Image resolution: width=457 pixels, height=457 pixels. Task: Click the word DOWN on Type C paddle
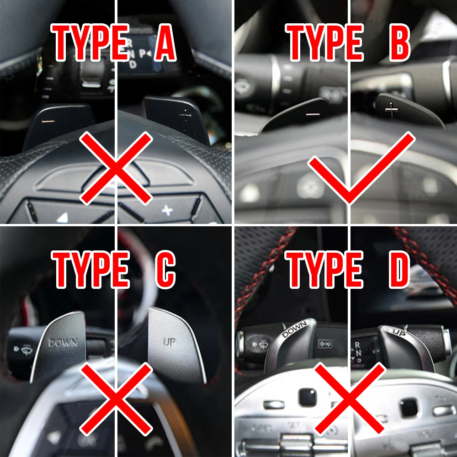[x=63, y=342]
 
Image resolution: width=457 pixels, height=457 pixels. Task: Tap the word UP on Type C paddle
[x=170, y=342]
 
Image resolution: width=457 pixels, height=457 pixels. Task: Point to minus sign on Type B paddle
[x=313, y=112]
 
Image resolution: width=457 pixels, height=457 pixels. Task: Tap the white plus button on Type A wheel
[x=167, y=210]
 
